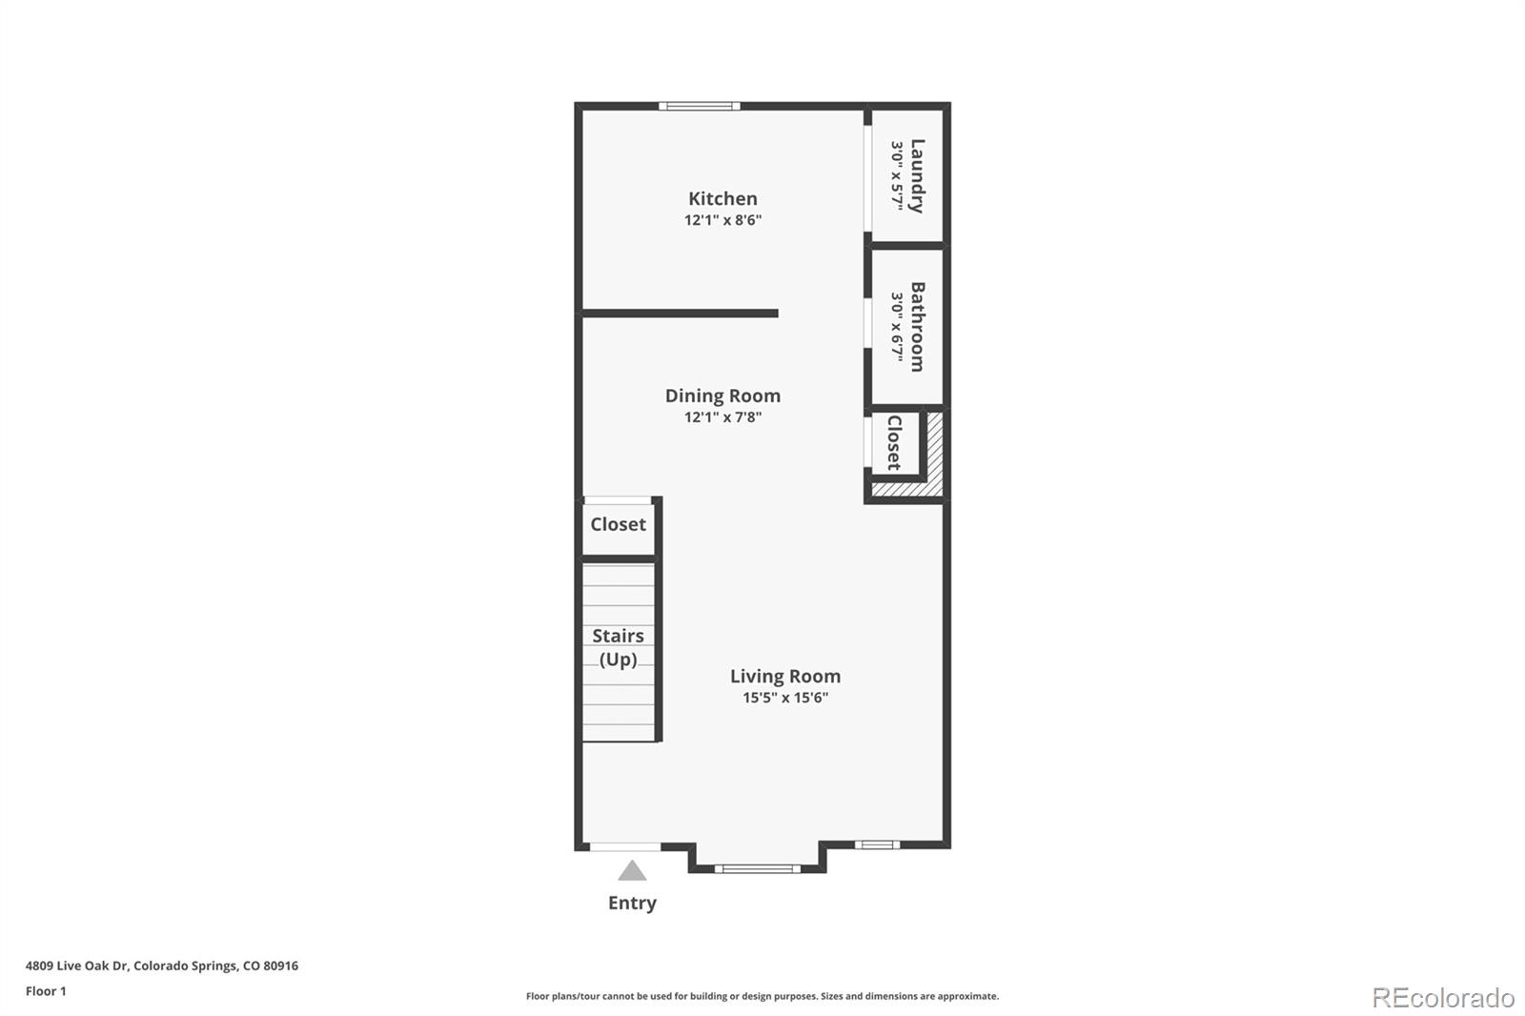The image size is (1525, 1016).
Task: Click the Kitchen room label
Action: [x=722, y=198]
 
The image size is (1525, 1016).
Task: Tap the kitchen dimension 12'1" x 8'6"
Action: [x=722, y=220]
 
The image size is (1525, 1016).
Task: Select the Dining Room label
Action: [x=722, y=396]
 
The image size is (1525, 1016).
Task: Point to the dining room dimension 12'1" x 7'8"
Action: [x=722, y=417]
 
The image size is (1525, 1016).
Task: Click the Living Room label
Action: [x=785, y=676]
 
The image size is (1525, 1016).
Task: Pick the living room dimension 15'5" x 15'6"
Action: [x=785, y=698]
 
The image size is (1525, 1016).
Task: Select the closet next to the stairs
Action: [x=618, y=524]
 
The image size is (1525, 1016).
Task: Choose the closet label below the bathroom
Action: [x=894, y=442]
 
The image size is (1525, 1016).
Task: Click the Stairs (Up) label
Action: [x=618, y=647]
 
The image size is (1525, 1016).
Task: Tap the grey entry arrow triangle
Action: [x=632, y=871]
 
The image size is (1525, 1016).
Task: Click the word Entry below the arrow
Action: [x=632, y=903]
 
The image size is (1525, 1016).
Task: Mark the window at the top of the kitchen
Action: [x=700, y=106]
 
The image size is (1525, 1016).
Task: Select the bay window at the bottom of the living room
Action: [x=758, y=868]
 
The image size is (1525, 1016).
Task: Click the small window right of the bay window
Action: [x=876, y=844]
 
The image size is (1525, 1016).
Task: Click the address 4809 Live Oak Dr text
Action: [x=162, y=965]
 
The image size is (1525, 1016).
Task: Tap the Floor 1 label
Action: [x=46, y=991]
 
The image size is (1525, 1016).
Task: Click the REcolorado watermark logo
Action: [x=1443, y=997]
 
